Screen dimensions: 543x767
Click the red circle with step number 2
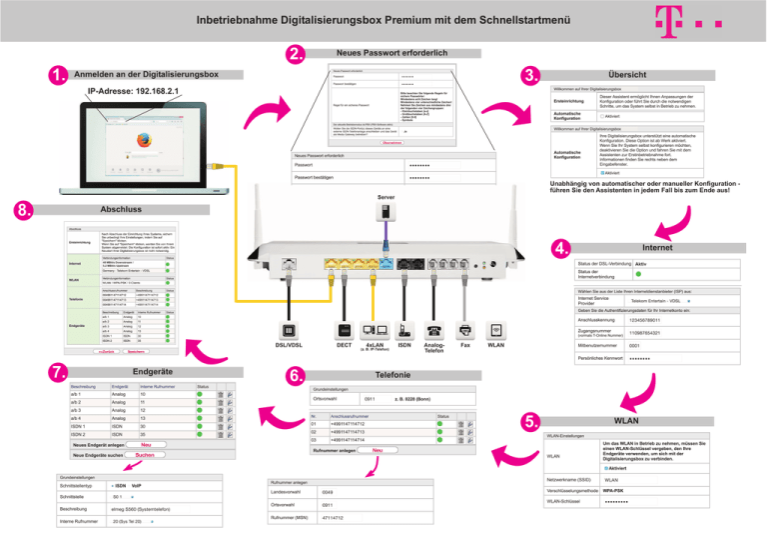pyautogui.click(x=295, y=52)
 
